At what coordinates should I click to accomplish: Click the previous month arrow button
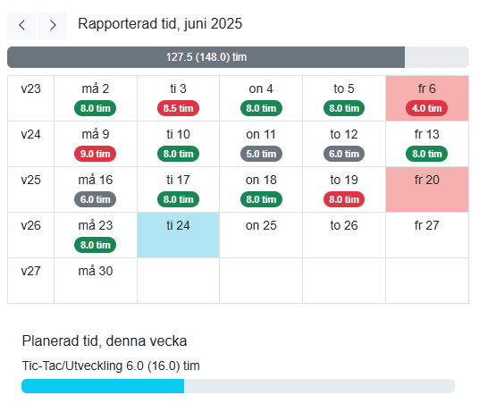pyautogui.click(x=22, y=25)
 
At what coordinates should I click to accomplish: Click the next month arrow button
pyautogui.click(x=53, y=25)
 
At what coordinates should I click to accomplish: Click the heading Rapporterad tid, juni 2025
pyautogui.click(x=160, y=24)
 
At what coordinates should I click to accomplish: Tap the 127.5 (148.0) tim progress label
pyautogui.click(x=206, y=57)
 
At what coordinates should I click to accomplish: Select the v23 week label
pyautogui.click(x=30, y=89)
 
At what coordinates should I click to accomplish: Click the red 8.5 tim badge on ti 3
pyautogui.click(x=178, y=108)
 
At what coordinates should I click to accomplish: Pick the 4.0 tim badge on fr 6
pyautogui.click(x=426, y=108)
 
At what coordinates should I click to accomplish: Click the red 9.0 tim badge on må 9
pyautogui.click(x=96, y=153)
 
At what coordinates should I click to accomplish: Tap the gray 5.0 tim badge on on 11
pyautogui.click(x=261, y=153)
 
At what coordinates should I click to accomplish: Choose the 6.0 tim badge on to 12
pyautogui.click(x=344, y=153)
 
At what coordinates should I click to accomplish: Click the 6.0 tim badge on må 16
pyautogui.click(x=96, y=198)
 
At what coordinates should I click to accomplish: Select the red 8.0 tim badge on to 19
pyautogui.click(x=344, y=198)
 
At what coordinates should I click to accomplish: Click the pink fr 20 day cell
pyautogui.click(x=426, y=189)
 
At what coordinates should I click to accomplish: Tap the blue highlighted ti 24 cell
pyautogui.click(x=178, y=235)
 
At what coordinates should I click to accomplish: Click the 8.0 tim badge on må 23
pyautogui.click(x=96, y=244)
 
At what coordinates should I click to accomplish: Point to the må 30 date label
pyautogui.click(x=96, y=270)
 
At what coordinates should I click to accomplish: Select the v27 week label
pyautogui.click(x=30, y=270)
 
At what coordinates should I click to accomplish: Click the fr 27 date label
pyautogui.click(x=426, y=225)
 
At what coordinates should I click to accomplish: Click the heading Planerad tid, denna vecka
pyautogui.click(x=105, y=341)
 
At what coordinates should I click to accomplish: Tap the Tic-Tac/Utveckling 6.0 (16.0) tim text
pyautogui.click(x=111, y=366)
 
